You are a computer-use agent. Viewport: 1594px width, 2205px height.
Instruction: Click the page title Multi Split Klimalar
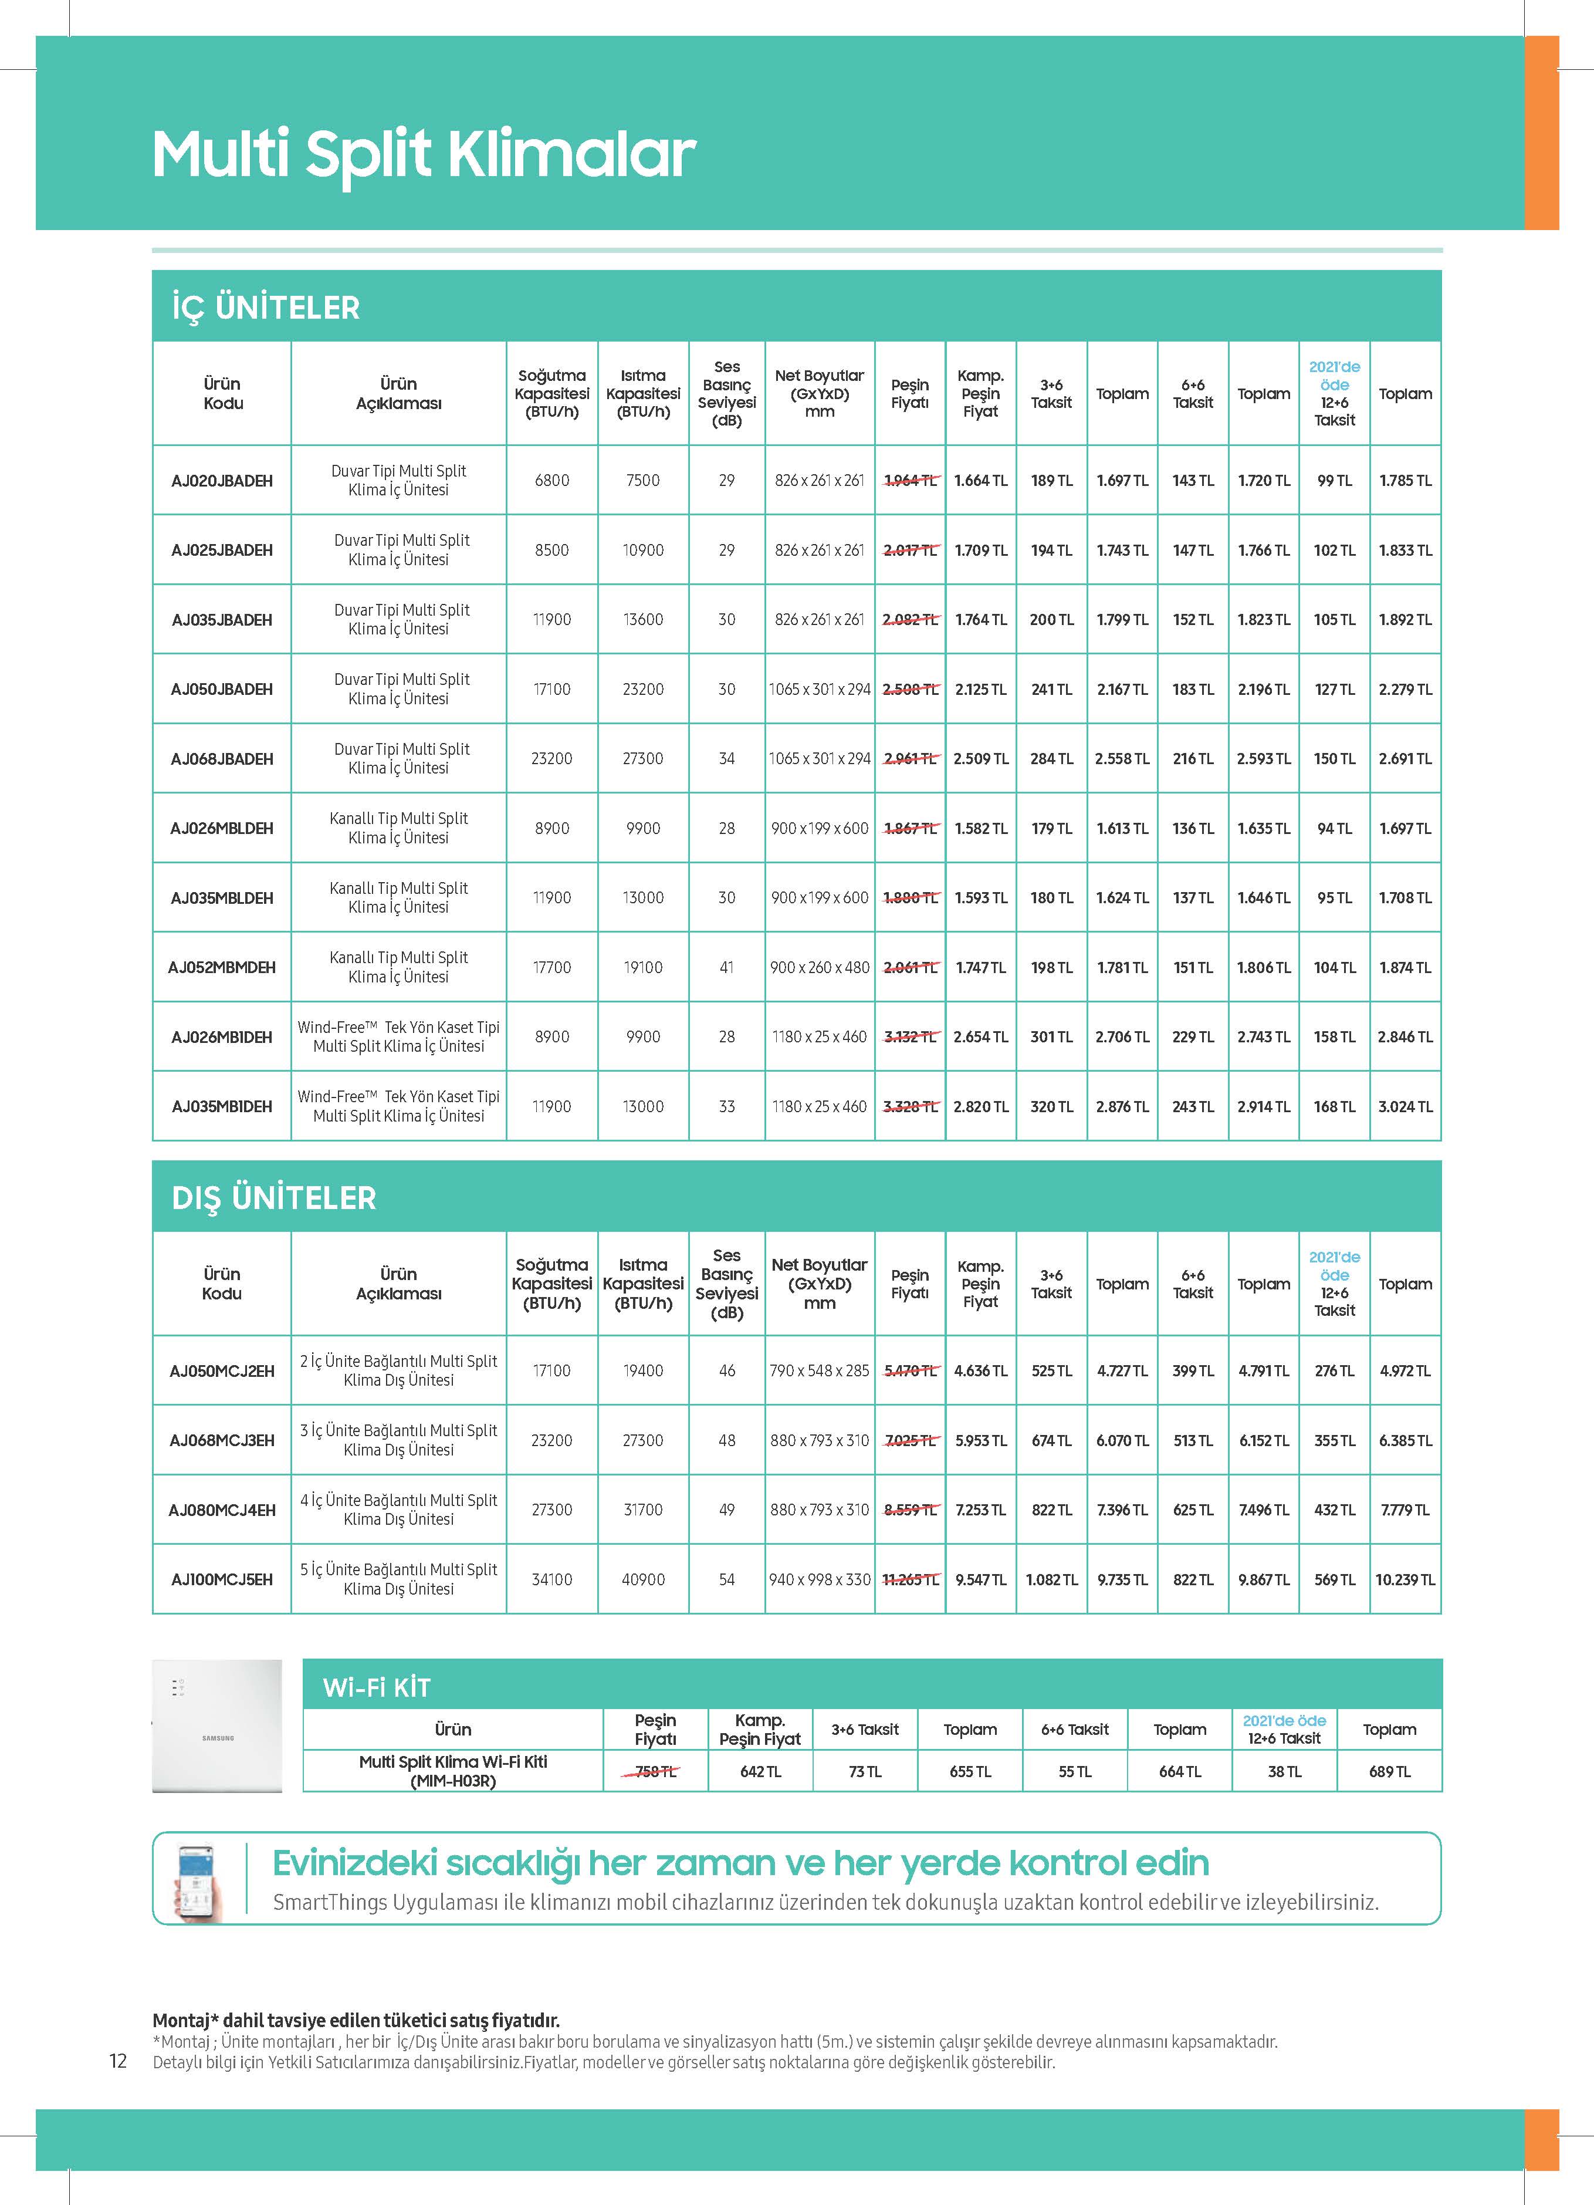click(x=424, y=154)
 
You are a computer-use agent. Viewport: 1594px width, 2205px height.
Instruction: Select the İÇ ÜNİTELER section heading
click(x=265, y=308)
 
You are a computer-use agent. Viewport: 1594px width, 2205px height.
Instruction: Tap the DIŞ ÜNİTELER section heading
click(x=273, y=1198)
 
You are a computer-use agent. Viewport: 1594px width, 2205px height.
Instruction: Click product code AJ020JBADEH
click(x=222, y=480)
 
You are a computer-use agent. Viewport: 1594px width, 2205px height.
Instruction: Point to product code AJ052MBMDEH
click(x=222, y=967)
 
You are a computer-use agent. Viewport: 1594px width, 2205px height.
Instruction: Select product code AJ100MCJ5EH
click(x=222, y=1580)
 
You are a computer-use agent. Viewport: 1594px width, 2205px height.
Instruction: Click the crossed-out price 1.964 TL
click(x=910, y=480)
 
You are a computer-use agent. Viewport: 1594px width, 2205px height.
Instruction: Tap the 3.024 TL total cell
click(x=1405, y=1106)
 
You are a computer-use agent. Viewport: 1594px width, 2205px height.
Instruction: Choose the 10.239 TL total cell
click(x=1405, y=1580)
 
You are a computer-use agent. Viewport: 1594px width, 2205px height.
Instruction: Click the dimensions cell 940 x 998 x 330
click(x=820, y=1580)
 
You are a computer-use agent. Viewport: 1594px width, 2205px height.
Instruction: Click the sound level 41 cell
click(x=726, y=967)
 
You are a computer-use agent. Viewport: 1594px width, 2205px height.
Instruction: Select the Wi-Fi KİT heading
click(x=376, y=1688)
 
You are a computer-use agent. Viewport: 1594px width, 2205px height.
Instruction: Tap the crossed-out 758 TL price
click(x=655, y=1771)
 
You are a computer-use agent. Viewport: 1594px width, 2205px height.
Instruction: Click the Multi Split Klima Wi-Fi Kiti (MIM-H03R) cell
click(x=453, y=1771)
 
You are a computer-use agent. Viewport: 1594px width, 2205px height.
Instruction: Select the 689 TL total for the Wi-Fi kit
click(x=1389, y=1771)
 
